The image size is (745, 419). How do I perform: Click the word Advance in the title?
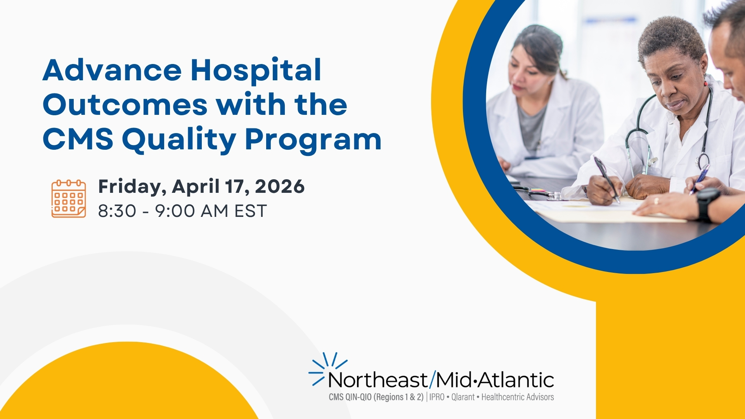pos(112,70)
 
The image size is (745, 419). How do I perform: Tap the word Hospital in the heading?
pos(256,70)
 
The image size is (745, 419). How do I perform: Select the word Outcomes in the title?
pos(125,105)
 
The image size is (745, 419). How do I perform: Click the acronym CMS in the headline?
pos(78,139)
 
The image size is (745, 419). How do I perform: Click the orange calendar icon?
pos(69,199)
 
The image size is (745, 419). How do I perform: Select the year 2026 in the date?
pos(280,186)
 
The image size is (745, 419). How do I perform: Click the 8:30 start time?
pos(117,211)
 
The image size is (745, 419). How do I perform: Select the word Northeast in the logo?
pos(378,380)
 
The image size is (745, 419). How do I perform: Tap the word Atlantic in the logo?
pos(516,380)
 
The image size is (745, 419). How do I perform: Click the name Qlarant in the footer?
pos(463,397)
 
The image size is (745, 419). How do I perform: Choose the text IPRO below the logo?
pos(437,397)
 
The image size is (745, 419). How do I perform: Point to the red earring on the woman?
pos(706,83)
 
